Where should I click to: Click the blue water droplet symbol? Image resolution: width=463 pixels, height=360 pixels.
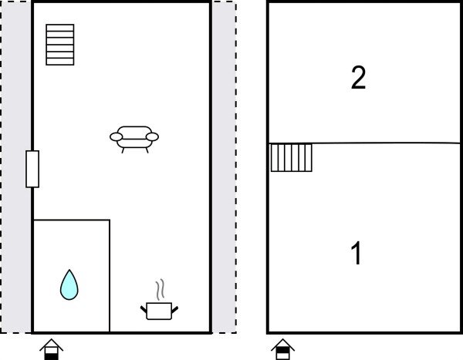(x=69, y=285)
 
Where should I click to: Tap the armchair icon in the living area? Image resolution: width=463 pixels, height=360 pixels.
(x=134, y=140)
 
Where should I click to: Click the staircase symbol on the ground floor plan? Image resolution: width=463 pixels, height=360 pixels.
(x=60, y=45)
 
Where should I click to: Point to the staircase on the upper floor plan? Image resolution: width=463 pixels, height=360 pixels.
(x=292, y=157)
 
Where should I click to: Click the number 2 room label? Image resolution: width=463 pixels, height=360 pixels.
(x=359, y=78)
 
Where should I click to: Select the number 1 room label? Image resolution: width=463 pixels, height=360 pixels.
(x=357, y=253)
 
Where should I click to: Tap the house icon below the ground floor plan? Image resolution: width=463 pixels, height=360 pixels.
(x=52, y=349)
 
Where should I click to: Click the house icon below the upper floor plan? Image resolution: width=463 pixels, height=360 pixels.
(x=283, y=349)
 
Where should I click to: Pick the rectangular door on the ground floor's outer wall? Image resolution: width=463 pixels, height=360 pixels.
(x=32, y=169)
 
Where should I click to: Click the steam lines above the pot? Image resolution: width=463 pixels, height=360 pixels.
(x=160, y=290)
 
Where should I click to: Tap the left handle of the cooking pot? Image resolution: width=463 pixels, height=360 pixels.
(x=144, y=310)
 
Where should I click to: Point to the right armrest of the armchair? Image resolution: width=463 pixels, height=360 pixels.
(x=152, y=136)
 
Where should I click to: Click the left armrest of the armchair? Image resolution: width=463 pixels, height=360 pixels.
(x=116, y=136)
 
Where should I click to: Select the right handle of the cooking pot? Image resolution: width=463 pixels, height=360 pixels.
(x=175, y=310)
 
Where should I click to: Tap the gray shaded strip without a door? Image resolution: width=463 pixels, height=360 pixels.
(x=224, y=167)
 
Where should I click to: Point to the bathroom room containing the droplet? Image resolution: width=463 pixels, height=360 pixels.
(x=72, y=276)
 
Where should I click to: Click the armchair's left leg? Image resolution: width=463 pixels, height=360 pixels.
(x=123, y=150)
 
